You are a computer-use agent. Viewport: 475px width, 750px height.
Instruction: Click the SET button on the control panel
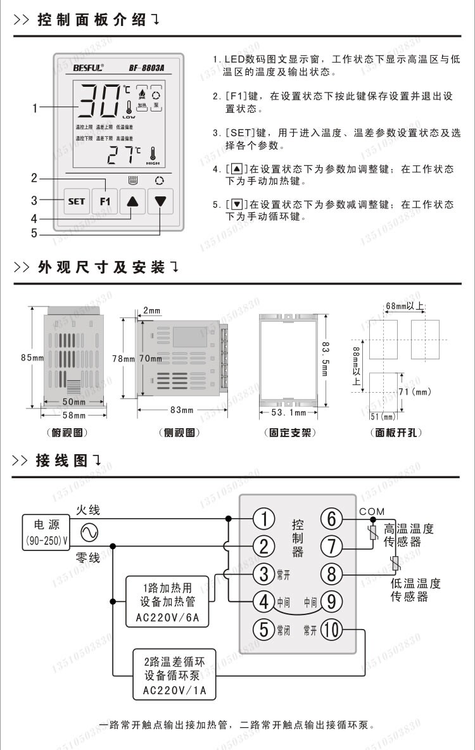click(x=76, y=201)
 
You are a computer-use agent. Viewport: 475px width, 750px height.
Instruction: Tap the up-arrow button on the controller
click(x=132, y=201)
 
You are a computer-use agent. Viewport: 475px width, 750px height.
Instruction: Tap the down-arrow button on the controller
click(x=160, y=201)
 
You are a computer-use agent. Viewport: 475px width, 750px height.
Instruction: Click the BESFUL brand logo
click(x=88, y=66)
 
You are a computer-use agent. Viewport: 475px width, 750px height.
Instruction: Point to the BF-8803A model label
click(x=146, y=66)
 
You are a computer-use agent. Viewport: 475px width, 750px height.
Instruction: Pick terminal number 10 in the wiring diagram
click(x=331, y=630)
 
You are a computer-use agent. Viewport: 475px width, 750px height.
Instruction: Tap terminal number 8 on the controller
click(x=331, y=574)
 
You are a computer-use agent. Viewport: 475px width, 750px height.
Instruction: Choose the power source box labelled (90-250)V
click(x=47, y=532)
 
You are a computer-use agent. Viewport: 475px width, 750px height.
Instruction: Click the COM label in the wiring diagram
click(x=371, y=511)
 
